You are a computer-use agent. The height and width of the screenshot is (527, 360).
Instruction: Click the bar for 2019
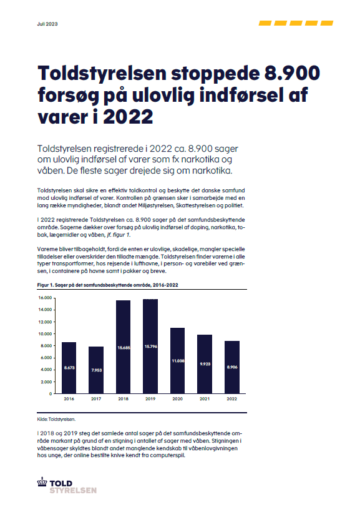pos(150,346)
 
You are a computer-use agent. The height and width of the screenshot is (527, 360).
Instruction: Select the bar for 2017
pos(96,370)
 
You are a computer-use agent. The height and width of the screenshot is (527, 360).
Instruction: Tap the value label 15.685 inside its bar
pos(124,348)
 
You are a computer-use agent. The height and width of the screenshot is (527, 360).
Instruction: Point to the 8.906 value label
pos(232,367)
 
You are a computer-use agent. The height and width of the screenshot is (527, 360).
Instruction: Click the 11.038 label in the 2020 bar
pos(178,361)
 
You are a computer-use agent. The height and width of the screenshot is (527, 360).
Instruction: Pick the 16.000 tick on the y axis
pos(45,298)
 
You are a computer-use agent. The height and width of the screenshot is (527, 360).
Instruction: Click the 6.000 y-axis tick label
pos(46,358)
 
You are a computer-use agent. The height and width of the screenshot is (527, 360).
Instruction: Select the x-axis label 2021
pos(205,398)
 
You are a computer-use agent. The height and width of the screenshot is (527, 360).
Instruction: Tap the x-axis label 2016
pos(69,398)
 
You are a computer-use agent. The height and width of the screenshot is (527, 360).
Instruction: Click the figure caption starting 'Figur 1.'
pos(107,285)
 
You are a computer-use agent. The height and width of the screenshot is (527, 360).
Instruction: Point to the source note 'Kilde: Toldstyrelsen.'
pos(56,419)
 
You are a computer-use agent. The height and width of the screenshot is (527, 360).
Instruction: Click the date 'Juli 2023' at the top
pos(47,24)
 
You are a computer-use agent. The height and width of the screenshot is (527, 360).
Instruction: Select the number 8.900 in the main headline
pos(292,73)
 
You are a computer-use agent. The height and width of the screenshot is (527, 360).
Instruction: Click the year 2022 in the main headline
pos(128,117)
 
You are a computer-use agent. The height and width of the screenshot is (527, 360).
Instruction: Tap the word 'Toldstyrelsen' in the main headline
pos(102,73)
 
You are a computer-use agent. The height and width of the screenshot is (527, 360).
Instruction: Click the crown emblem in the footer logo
pos(42,481)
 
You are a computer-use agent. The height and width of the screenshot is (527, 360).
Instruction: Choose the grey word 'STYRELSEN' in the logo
pos(73,491)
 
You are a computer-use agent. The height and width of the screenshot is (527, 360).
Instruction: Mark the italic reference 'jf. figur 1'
pos(118,235)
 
